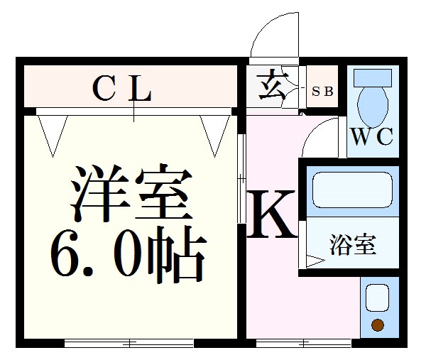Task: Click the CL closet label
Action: pyautogui.click(x=121, y=89)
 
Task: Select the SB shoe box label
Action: pyautogui.click(x=322, y=92)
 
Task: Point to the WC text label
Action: pyautogui.click(x=372, y=136)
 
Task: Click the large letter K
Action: pyautogui.click(x=271, y=214)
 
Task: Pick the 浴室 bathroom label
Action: pyautogui.click(x=353, y=245)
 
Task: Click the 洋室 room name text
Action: pyautogui.click(x=131, y=193)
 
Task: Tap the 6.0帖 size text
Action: pyautogui.click(x=128, y=255)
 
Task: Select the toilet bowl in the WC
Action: pyautogui.click(x=373, y=107)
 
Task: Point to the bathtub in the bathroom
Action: pyautogui.click(x=353, y=190)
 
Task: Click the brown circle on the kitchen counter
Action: pyautogui.click(x=378, y=324)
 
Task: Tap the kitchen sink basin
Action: pyautogui.click(x=377, y=298)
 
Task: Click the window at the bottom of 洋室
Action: pyautogui.click(x=129, y=343)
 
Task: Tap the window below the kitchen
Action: pyautogui.click(x=303, y=344)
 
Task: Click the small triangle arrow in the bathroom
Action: pyautogui.click(x=315, y=261)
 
